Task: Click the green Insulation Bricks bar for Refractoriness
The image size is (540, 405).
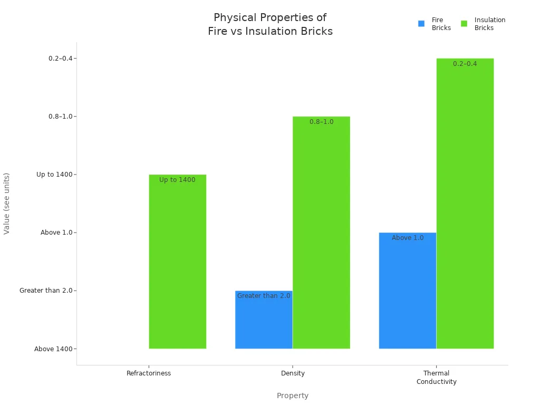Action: click(x=177, y=264)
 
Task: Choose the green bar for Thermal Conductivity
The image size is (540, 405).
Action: click(x=465, y=206)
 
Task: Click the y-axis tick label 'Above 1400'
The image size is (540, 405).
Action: click(x=53, y=349)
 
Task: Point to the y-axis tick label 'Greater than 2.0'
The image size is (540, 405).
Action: click(x=46, y=291)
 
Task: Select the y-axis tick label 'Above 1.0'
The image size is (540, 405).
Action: click(x=56, y=233)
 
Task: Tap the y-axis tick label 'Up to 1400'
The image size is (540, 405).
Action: click(x=54, y=175)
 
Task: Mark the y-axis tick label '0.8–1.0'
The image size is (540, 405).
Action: click(x=60, y=117)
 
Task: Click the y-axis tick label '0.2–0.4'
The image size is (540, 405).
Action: click(x=60, y=59)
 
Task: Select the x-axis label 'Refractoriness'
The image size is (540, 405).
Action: click(x=149, y=373)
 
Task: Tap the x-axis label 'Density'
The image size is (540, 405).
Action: click(x=293, y=373)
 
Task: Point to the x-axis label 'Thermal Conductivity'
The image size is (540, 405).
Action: click(x=436, y=378)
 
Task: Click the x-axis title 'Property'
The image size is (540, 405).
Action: click(x=293, y=396)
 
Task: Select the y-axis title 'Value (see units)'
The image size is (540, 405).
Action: click(x=7, y=204)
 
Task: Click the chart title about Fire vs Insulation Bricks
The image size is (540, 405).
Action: click(x=270, y=24)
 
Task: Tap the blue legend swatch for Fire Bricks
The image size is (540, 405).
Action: click(x=421, y=24)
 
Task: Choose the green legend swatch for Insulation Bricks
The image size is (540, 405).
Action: click(x=464, y=24)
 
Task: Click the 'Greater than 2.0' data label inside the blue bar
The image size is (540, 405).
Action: click(x=264, y=296)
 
